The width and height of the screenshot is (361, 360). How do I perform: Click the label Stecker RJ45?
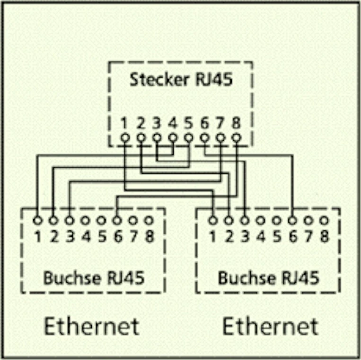(181, 79)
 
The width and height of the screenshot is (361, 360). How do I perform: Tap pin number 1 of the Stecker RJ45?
(124, 124)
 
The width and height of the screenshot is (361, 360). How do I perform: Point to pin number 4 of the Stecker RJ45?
(173, 124)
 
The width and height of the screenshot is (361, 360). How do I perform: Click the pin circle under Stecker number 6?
(205, 138)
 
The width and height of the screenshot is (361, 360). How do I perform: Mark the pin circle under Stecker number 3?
(157, 138)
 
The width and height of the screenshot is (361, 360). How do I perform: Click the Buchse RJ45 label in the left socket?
(94, 277)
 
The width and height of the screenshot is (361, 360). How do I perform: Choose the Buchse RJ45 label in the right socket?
(268, 277)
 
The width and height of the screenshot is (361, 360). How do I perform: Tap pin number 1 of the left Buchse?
(37, 235)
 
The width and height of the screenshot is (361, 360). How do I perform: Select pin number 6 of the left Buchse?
(117, 235)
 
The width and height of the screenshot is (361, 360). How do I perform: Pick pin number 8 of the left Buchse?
(149, 235)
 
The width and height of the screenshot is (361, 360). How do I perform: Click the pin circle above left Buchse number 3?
(70, 220)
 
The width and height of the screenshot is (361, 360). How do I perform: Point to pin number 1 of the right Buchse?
(213, 235)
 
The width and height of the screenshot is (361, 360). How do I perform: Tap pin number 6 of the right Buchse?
(293, 235)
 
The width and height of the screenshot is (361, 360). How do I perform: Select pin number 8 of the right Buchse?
(325, 235)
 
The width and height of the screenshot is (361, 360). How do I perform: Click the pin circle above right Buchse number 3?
(245, 220)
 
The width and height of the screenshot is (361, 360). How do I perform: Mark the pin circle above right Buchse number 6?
(293, 220)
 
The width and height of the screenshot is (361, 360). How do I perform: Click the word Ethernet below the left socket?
(92, 326)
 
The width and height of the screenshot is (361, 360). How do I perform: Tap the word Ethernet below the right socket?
(270, 326)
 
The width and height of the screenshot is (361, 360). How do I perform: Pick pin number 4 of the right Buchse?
(261, 235)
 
